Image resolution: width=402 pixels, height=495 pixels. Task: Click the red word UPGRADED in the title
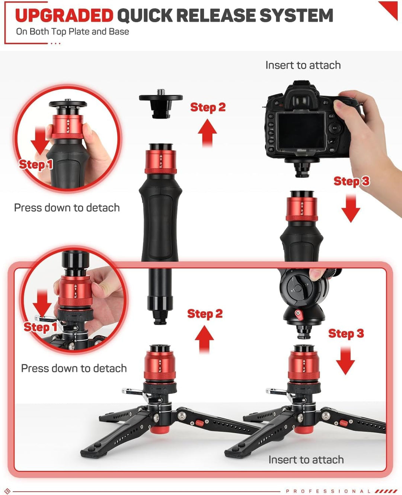64,16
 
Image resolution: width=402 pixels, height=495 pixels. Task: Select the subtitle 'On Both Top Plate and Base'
72,32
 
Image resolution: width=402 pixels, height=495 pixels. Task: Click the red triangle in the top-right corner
390,9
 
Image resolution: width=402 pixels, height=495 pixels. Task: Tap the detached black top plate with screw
161,102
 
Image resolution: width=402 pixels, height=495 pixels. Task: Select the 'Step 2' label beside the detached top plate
208,107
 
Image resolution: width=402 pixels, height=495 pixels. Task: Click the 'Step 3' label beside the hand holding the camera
351,181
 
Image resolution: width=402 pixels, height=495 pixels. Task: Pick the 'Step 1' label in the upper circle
36,164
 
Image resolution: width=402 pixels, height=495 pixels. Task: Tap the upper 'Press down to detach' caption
67,208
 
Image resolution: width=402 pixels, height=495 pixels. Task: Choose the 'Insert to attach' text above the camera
303,65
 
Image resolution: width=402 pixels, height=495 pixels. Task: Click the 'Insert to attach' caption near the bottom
306,460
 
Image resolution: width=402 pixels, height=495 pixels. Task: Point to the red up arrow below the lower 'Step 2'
204,339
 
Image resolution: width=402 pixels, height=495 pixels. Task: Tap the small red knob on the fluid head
299,314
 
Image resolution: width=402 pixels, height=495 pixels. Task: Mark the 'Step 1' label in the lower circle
40,327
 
